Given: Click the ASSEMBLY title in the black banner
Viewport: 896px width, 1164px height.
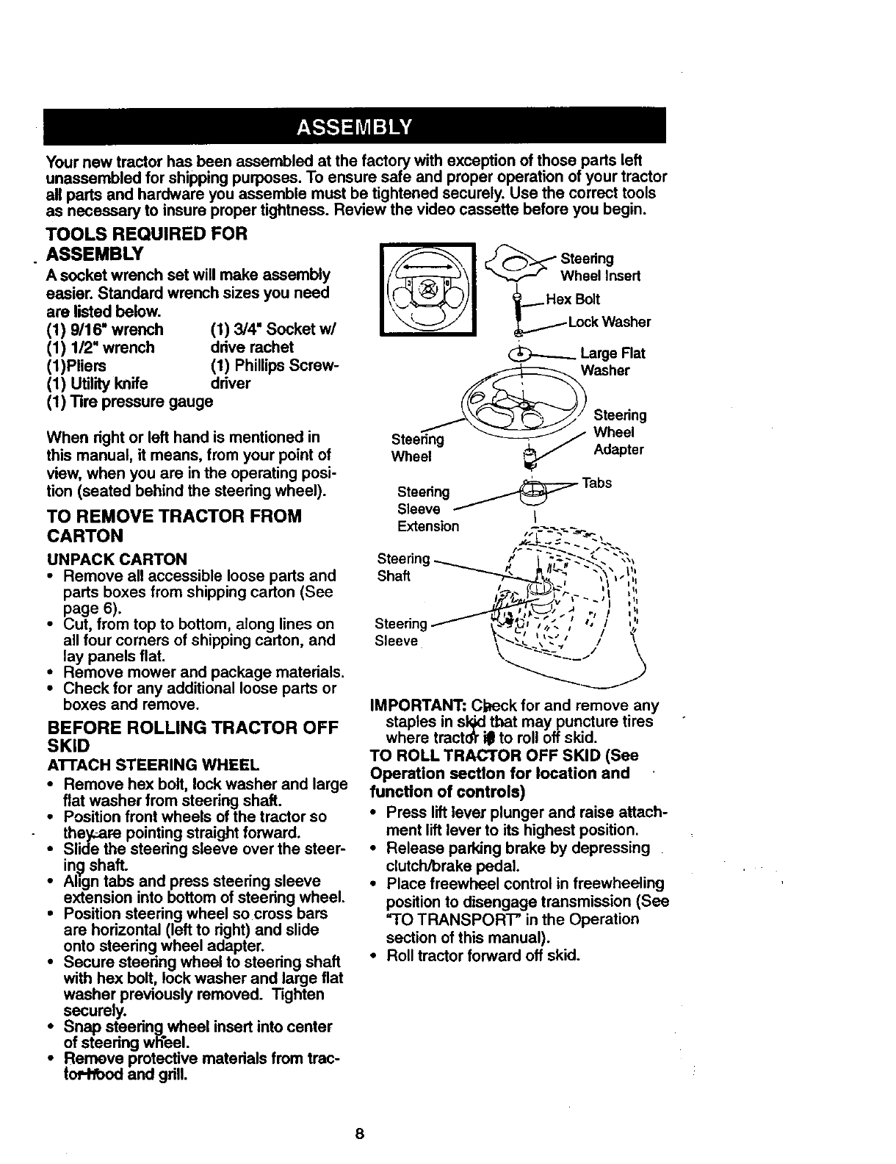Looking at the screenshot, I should point(354,126).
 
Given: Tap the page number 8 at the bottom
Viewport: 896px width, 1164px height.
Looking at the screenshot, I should point(359,1132).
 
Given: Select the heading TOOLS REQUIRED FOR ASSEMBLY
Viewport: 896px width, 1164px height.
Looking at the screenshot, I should point(146,243).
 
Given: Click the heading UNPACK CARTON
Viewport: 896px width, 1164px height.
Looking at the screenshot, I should point(116,558).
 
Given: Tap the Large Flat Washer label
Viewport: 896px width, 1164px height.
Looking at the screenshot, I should point(612,362).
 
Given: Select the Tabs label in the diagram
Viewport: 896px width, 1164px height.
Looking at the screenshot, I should point(596,483).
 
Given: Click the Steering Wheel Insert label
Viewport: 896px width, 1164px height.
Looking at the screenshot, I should point(600,267).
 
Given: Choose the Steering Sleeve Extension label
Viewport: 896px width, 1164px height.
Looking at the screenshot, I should point(427,509).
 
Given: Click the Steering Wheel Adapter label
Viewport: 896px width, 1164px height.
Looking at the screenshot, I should point(619,432).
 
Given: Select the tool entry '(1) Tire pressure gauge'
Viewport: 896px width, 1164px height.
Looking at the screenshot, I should point(129,402).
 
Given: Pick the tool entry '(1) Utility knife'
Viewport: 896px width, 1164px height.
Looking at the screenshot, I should point(97,384).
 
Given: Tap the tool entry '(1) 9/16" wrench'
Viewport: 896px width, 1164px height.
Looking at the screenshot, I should point(105,329).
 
